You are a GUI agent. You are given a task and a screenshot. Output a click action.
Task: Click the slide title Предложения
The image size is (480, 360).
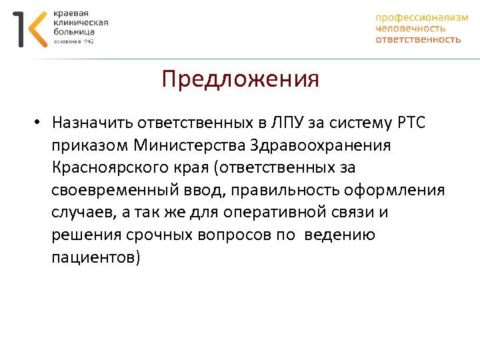[240, 80]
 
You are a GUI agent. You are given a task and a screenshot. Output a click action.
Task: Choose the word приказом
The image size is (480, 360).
[89, 146]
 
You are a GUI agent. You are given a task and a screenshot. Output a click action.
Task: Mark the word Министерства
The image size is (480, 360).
[191, 145]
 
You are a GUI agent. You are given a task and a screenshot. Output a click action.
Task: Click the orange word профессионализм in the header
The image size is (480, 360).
[421, 18]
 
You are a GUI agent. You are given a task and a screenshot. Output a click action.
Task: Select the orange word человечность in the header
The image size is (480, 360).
[410, 29]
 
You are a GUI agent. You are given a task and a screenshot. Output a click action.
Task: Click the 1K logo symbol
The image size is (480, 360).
[30, 29]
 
